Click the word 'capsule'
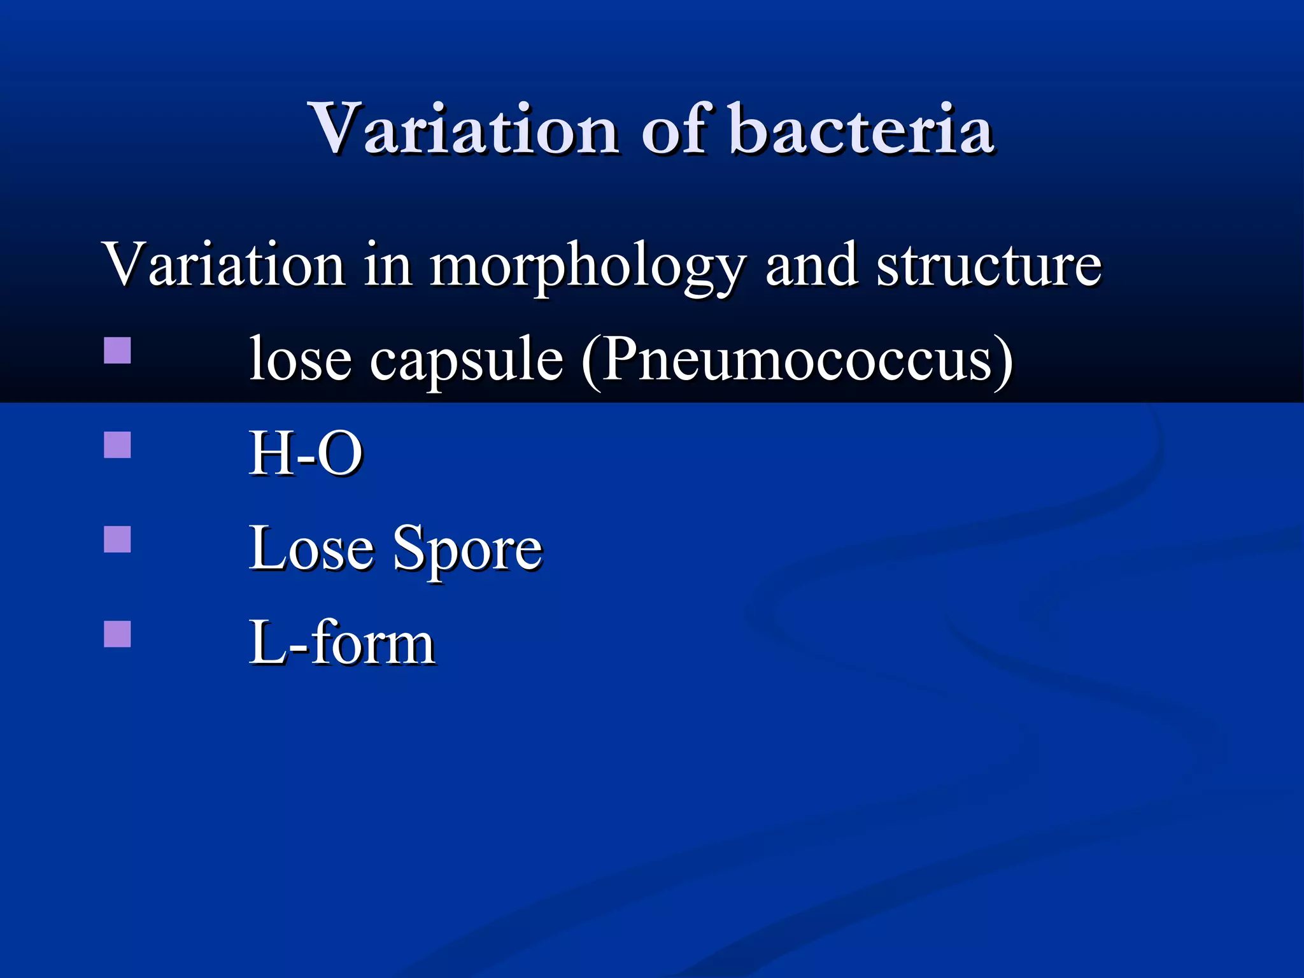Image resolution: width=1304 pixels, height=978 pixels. [467, 360]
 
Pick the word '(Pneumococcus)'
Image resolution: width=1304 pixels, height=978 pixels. [797, 360]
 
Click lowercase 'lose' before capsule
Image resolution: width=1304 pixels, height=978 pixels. [300, 359]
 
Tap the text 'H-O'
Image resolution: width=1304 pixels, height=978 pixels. [306, 453]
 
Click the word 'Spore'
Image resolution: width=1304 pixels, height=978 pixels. [467, 549]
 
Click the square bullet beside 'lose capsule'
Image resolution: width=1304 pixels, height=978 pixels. [117, 350]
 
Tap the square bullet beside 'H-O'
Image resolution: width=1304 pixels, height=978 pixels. [117, 445]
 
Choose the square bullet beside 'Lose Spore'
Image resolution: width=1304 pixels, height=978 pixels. [117, 539]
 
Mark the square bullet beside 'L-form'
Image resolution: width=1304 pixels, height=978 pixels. [117, 634]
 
